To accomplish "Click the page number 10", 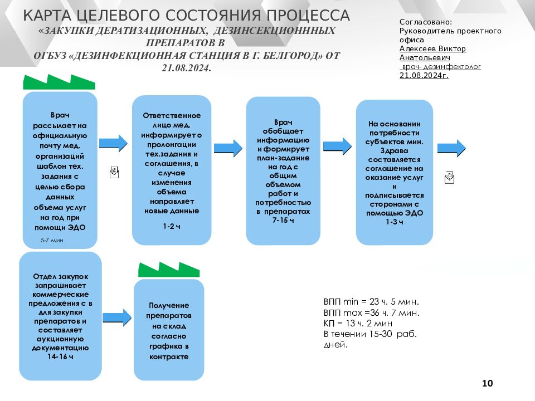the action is pyautogui.click(x=487, y=383).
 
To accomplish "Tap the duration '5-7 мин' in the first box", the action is pyautogui.click(x=52, y=240).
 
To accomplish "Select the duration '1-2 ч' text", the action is pyautogui.click(x=171, y=226).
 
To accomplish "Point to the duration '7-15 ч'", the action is pyautogui.click(x=283, y=221).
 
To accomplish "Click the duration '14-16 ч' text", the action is pyautogui.click(x=60, y=356).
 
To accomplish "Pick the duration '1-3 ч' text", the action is pyautogui.click(x=395, y=222).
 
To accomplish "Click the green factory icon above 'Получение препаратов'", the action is pyautogui.click(x=169, y=270).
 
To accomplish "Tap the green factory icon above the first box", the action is pyautogui.click(x=59, y=82).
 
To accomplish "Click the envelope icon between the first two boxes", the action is pyautogui.click(x=114, y=173).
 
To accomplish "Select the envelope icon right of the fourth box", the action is pyautogui.click(x=449, y=178).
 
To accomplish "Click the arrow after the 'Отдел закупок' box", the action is pyautogui.click(x=117, y=317).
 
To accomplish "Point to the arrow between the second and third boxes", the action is pyautogui.click(x=228, y=148).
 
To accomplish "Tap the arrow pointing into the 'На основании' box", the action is pyautogui.click(x=338, y=146).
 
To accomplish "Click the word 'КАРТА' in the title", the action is pyautogui.click(x=47, y=16).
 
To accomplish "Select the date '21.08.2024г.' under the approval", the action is pyautogui.click(x=424, y=76).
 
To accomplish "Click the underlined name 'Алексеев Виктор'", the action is pyautogui.click(x=432, y=49).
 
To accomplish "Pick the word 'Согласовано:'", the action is pyautogui.click(x=426, y=22).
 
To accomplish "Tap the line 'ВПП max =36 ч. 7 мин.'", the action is pyautogui.click(x=372, y=312).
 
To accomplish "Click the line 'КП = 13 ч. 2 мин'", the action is pyautogui.click(x=358, y=323).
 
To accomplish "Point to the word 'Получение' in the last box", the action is pyautogui.click(x=169, y=306).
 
